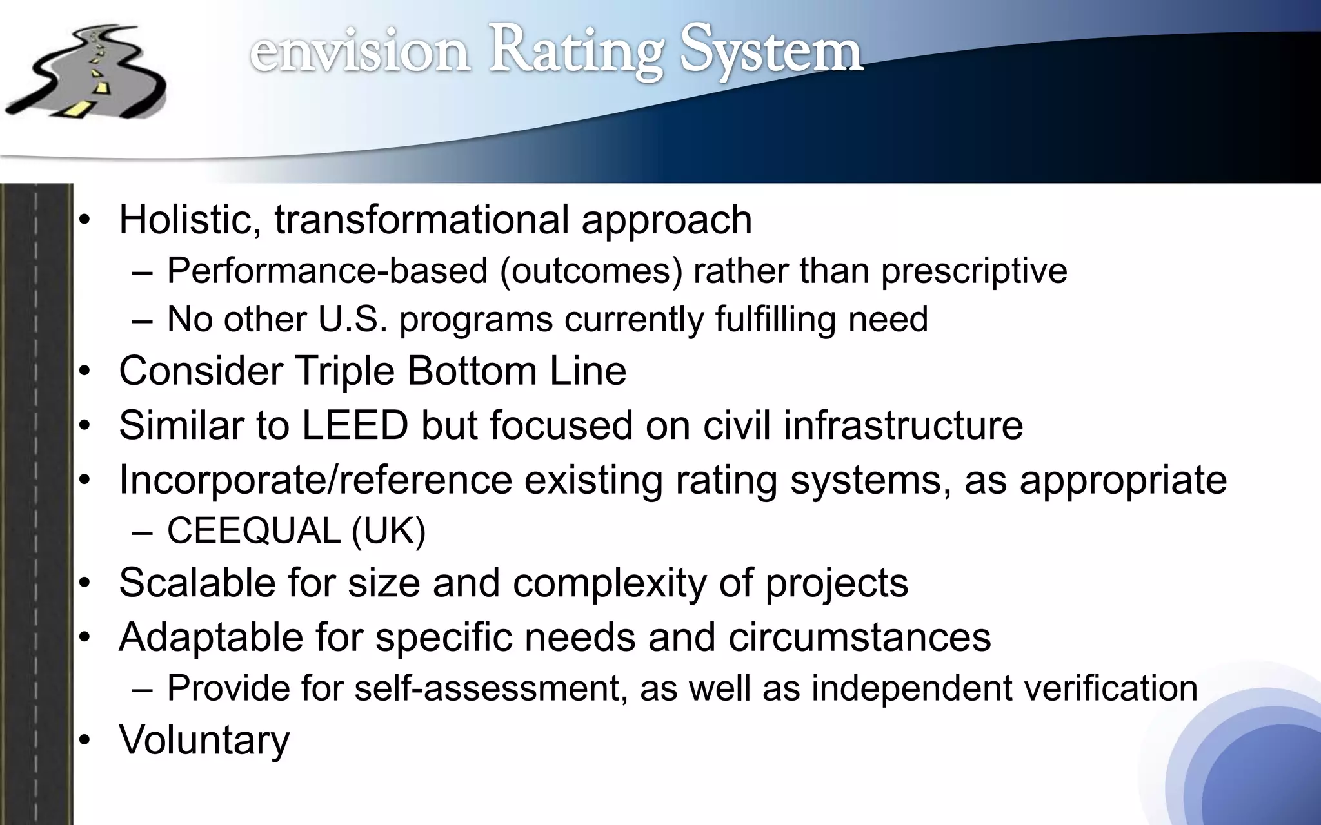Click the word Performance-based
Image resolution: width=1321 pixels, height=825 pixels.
327,270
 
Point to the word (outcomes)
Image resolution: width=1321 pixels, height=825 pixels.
591,270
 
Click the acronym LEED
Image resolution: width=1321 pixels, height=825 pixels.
355,425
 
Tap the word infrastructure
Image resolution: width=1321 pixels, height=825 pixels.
903,425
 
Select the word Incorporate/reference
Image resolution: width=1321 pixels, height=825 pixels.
315,480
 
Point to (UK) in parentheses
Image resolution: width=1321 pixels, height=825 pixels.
388,532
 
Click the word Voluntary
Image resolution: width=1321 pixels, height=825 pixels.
204,741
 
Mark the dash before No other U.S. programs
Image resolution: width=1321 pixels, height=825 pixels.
142,320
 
